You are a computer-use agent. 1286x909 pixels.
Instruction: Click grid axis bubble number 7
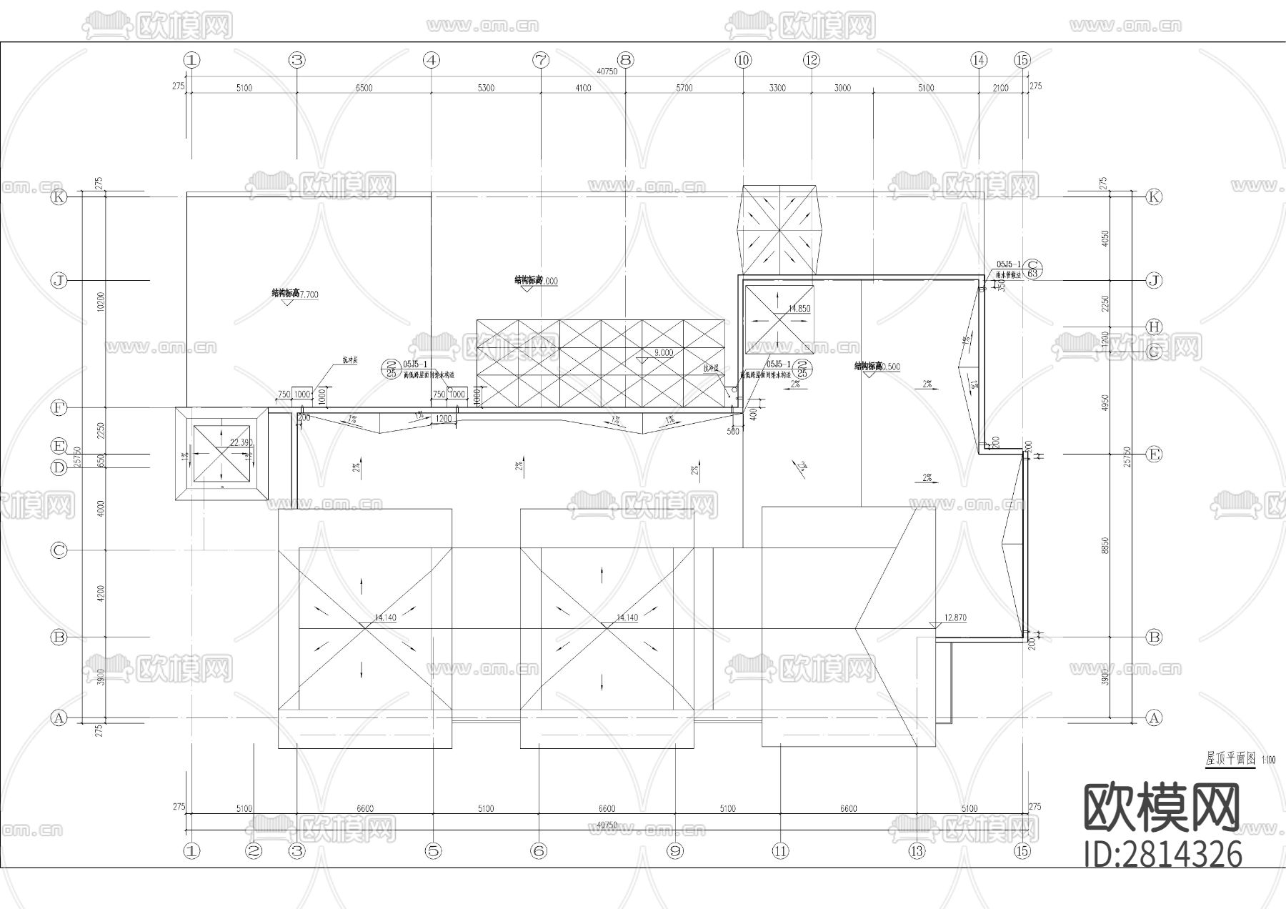click(x=541, y=60)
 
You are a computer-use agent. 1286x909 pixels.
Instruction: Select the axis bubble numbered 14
click(x=979, y=60)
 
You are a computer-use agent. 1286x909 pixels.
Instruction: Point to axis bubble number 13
click(x=917, y=850)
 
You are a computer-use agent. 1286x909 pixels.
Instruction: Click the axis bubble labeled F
click(x=59, y=408)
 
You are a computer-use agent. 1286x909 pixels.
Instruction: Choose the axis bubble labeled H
click(x=1153, y=327)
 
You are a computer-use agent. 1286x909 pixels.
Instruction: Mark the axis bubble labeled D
click(x=59, y=467)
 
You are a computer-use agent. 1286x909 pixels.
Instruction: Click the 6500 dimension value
click(x=364, y=88)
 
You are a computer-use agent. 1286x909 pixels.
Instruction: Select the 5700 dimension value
click(x=684, y=88)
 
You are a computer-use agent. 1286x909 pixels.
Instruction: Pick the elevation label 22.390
click(x=241, y=443)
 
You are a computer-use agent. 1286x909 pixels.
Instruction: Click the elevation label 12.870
click(x=955, y=617)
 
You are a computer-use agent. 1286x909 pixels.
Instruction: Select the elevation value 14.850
click(x=799, y=309)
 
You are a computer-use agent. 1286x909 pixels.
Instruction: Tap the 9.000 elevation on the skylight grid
click(x=663, y=352)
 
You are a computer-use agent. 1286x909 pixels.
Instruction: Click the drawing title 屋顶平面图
click(x=1230, y=759)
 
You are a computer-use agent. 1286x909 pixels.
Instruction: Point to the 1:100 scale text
click(x=1268, y=760)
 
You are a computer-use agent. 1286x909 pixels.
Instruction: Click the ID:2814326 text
click(x=1163, y=854)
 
